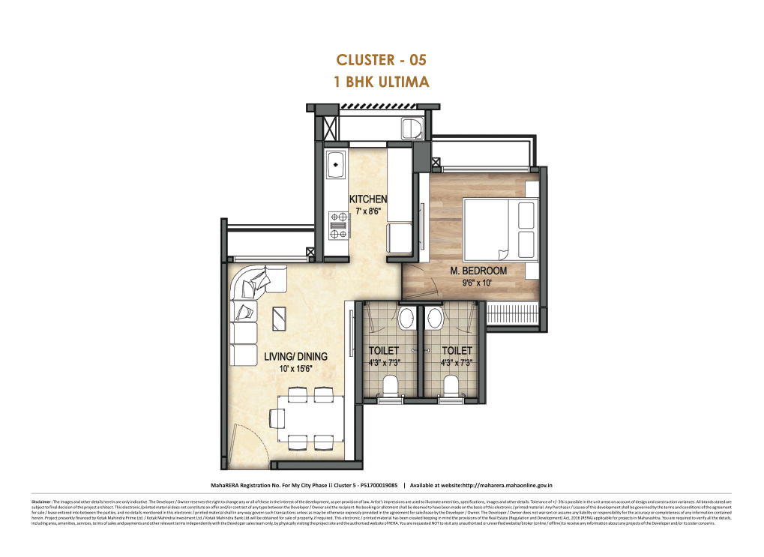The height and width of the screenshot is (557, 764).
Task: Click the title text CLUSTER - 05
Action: point(382,60)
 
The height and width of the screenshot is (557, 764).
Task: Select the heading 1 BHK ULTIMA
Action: point(382,82)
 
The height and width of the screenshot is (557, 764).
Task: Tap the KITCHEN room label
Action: point(368,199)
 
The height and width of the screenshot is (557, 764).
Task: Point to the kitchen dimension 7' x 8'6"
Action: point(368,211)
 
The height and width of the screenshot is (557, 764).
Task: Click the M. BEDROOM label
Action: point(478,271)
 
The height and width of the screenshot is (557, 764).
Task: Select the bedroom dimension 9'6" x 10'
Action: point(478,283)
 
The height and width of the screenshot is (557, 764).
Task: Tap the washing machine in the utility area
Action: point(412,129)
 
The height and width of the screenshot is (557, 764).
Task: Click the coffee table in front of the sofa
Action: point(277,319)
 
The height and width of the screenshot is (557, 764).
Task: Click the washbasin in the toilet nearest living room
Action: point(407,319)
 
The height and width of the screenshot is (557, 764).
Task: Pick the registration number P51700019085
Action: point(374,486)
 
